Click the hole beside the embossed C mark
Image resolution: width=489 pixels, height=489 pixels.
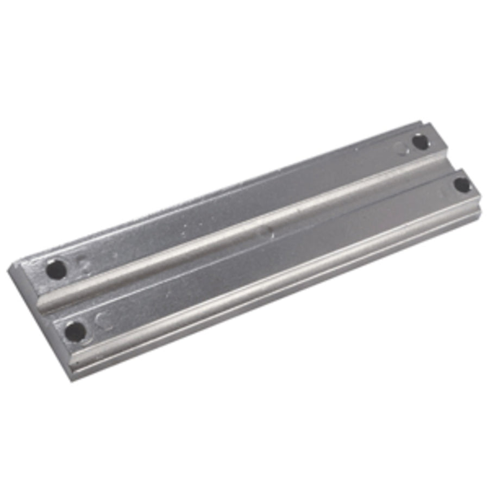(x=74, y=331)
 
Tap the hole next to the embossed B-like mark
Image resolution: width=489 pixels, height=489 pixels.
(x=57, y=269)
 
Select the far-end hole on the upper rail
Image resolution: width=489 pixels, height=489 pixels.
(x=420, y=142)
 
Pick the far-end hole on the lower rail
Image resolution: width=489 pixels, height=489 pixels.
(x=462, y=185)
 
